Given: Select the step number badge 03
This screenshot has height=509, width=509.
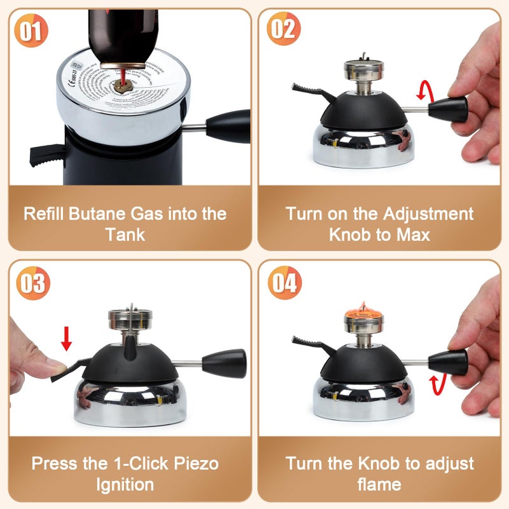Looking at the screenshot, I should coord(32,282).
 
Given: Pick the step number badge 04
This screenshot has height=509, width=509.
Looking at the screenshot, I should coord(284,282).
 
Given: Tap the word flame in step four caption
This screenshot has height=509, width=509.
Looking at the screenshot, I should coord(379,484).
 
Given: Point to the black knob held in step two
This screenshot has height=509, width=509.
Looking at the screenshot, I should coord(449,108).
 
